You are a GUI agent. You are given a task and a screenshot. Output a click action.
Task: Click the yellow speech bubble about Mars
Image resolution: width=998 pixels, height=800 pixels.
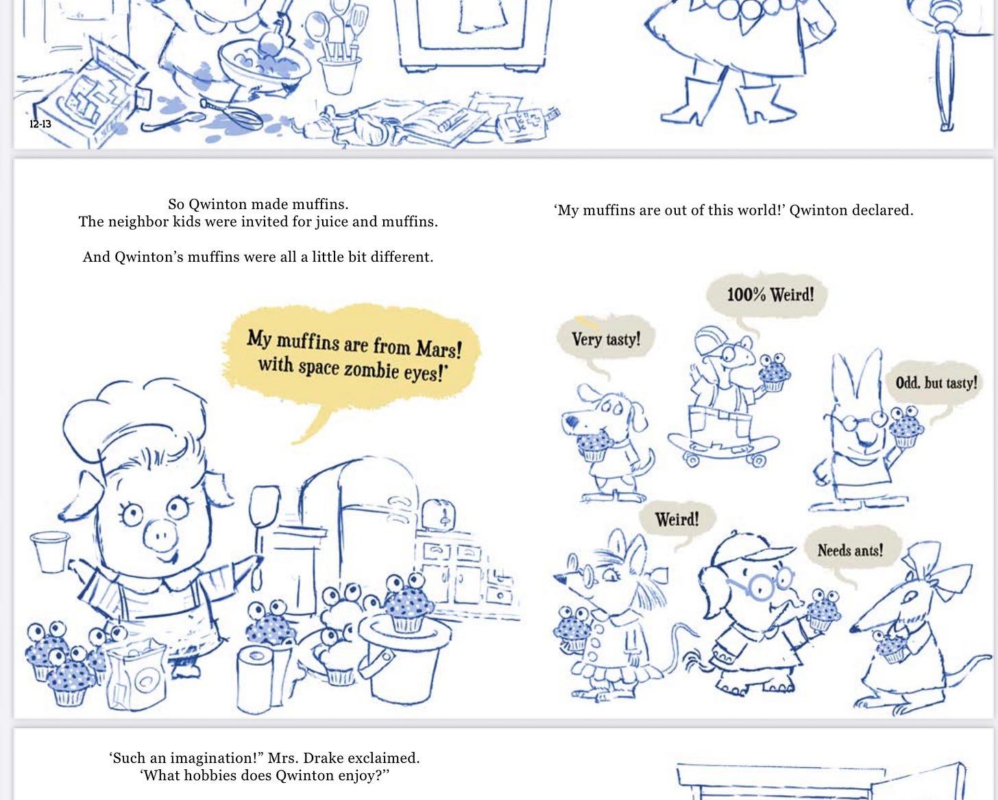(x=352, y=355)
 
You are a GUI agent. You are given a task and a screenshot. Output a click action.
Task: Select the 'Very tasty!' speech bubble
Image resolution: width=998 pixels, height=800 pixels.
(x=606, y=339)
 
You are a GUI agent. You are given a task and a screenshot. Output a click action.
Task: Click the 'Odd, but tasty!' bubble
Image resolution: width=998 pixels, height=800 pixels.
(x=936, y=383)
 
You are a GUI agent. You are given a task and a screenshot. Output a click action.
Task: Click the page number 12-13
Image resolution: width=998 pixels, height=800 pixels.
(x=40, y=124)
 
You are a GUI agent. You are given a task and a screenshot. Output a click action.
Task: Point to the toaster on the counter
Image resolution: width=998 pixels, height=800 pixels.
(x=438, y=516)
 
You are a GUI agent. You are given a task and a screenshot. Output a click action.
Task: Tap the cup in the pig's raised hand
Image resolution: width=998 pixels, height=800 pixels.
(x=50, y=552)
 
